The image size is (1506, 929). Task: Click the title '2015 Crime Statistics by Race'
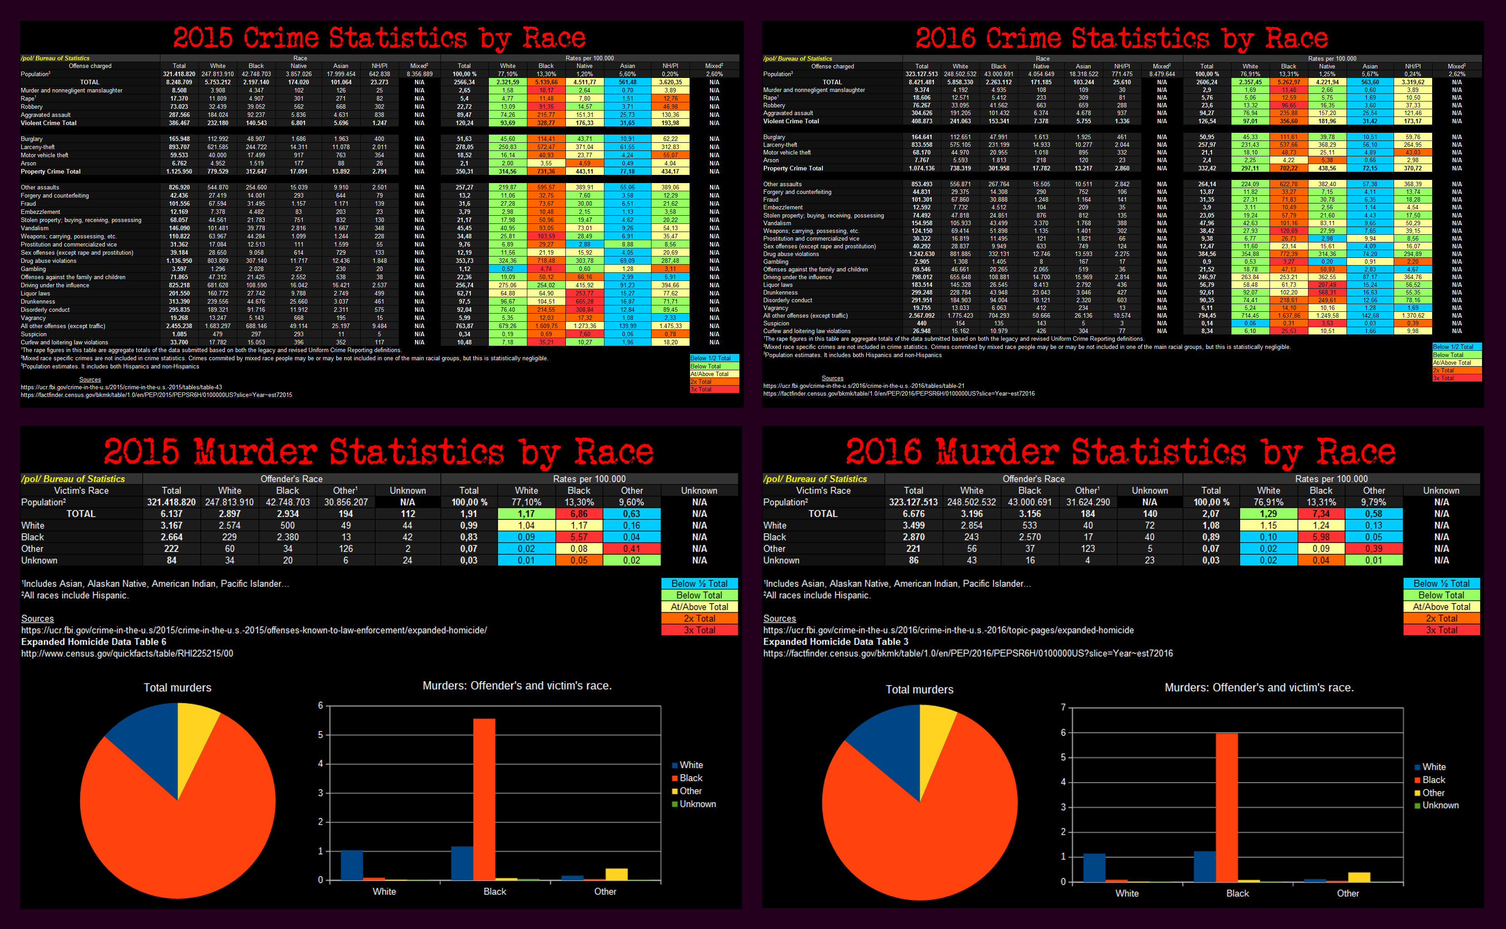[x=379, y=38]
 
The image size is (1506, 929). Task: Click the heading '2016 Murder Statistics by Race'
[x=1120, y=452]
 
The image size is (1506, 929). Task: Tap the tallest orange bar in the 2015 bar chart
[x=484, y=799]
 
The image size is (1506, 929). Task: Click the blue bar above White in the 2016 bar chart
[x=1094, y=867]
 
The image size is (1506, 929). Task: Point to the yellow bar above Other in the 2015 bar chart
[x=616, y=874]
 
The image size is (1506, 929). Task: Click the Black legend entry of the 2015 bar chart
[x=690, y=778]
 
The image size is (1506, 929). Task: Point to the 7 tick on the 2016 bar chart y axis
[x=1063, y=708]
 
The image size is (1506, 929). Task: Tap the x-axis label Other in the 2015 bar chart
[x=605, y=891]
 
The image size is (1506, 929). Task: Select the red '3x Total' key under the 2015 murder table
[x=700, y=630]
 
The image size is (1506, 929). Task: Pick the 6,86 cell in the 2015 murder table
[x=579, y=513]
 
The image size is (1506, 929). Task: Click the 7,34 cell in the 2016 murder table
[x=1321, y=513]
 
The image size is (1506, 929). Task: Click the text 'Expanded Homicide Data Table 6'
[x=93, y=641]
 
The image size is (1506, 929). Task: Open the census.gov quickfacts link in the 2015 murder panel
[x=127, y=653]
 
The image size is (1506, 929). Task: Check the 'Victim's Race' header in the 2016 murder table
[x=823, y=490]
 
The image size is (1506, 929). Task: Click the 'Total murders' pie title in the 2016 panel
[x=919, y=689]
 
